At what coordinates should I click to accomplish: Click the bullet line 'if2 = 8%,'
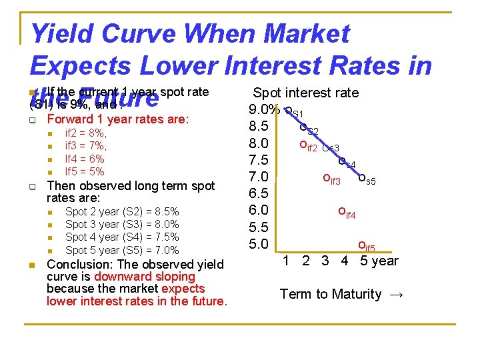[85, 133]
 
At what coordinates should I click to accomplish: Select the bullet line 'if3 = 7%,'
[85, 146]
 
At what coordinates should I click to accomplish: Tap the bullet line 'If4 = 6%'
[84, 159]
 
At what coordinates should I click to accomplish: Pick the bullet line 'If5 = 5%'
[84, 171]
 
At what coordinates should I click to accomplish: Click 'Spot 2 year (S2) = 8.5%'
[122, 211]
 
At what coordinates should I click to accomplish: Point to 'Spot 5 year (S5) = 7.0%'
[122, 250]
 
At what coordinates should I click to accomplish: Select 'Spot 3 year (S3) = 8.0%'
[122, 225]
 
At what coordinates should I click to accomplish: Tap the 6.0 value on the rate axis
[258, 210]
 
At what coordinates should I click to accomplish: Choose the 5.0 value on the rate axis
[258, 243]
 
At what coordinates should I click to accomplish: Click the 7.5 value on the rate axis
[258, 160]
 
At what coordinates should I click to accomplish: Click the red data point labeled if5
[361, 245]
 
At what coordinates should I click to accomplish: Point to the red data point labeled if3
[326, 177]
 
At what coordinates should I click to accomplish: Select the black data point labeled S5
[362, 177]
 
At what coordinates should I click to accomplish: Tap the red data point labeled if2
[303, 144]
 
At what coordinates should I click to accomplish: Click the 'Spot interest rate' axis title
[306, 93]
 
